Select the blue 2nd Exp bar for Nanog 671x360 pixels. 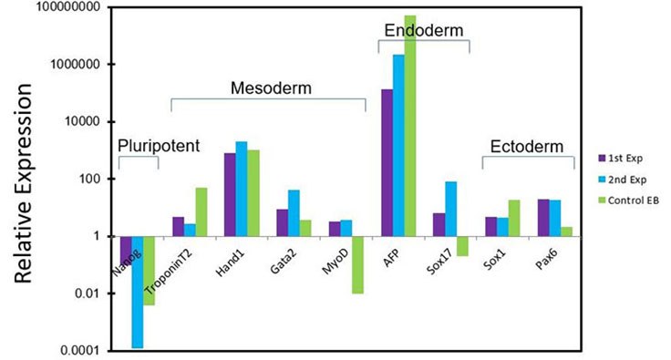pyautogui.click(x=137, y=292)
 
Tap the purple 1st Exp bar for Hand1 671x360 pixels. pyautogui.click(x=230, y=194)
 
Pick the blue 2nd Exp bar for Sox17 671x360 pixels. pyautogui.click(x=451, y=209)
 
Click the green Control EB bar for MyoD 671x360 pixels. pyautogui.click(x=357, y=264)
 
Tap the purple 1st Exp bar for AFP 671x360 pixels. pyautogui.click(x=387, y=162)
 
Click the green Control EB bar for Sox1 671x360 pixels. pyautogui.click(x=514, y=218)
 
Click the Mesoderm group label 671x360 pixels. pyautogui.click(x=271, y=89)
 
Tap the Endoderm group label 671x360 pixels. pyautogui.click(x=423, y=30)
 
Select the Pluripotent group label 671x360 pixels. pyautogui.click(x=160, y=147)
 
